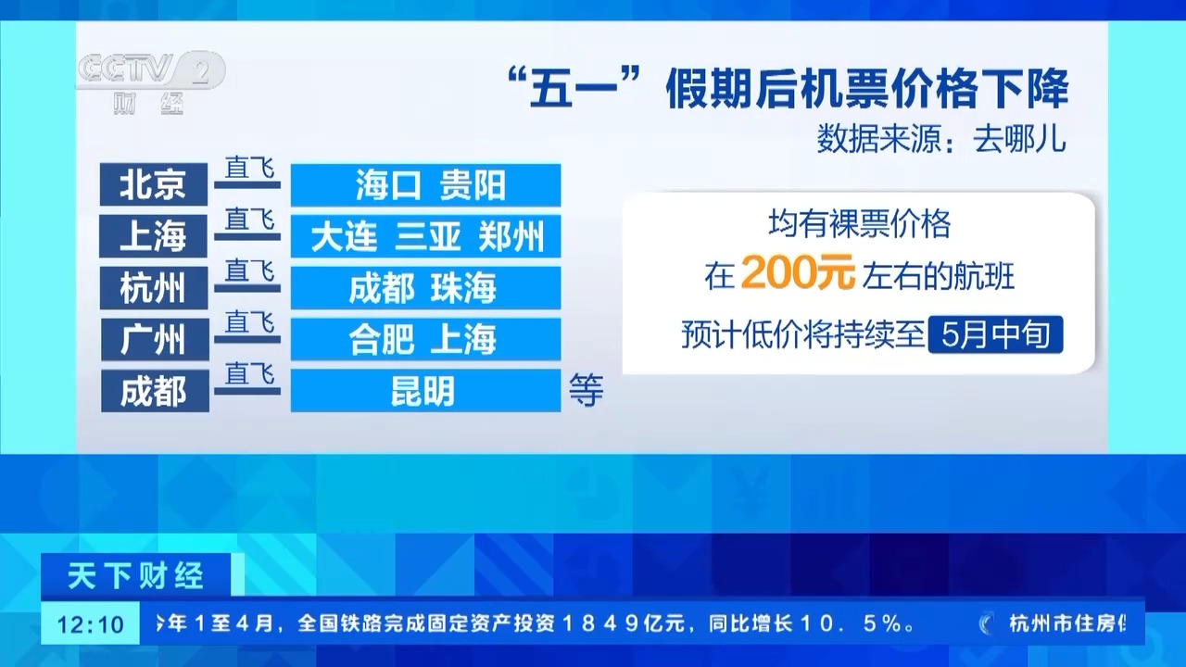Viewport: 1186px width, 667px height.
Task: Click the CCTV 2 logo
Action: coord(152,82)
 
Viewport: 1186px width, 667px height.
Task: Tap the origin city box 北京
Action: coord(154,184)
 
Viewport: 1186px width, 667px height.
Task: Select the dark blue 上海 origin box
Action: coord(154,236)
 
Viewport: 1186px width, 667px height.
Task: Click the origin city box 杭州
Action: coord(154,287)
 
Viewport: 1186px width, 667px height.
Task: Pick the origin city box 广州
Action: coord(155,339)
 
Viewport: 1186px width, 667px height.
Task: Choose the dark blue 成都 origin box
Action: coord(155,391)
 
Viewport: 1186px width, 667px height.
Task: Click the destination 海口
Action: coord(388,185)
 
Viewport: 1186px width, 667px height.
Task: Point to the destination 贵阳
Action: coord(473,185)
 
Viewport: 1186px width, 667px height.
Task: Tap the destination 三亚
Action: coord(428,236)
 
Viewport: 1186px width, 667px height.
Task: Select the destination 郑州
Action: coord(511,236)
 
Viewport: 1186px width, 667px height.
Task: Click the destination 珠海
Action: coord(464,288)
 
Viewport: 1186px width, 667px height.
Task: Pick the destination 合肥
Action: coord(381,339)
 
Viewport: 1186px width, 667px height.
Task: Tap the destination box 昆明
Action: coord(425,391)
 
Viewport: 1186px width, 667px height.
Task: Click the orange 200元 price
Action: coord(798,272)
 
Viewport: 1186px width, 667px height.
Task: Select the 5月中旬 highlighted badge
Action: coord(995,334)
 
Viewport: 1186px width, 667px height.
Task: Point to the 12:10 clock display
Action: coord(90,624)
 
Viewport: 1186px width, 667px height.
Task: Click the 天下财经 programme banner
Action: coord(135,576)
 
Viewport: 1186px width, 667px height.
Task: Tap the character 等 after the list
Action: coord(587,391)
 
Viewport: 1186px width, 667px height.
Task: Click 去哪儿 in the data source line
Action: coord(1020,140)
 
